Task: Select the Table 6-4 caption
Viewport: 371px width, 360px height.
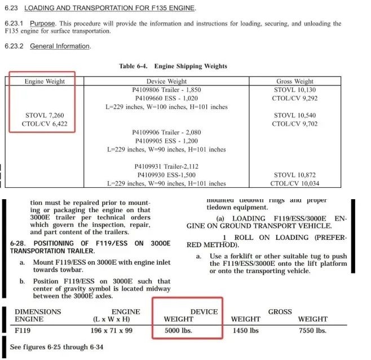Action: click(173, 67)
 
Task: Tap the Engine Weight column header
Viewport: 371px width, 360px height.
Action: click(45, 81)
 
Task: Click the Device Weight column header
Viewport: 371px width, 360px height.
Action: click(167, 81)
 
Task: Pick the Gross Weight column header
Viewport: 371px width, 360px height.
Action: click(294, 81)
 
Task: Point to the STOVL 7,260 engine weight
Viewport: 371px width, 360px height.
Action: click(45, 115)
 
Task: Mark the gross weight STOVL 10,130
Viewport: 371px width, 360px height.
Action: click(295, 90)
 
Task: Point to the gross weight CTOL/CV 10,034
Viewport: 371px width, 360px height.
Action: click(295, 183)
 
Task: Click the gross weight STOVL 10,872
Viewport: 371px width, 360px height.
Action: click(295, 175)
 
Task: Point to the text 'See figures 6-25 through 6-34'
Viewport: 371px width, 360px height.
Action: click(56, 347)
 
